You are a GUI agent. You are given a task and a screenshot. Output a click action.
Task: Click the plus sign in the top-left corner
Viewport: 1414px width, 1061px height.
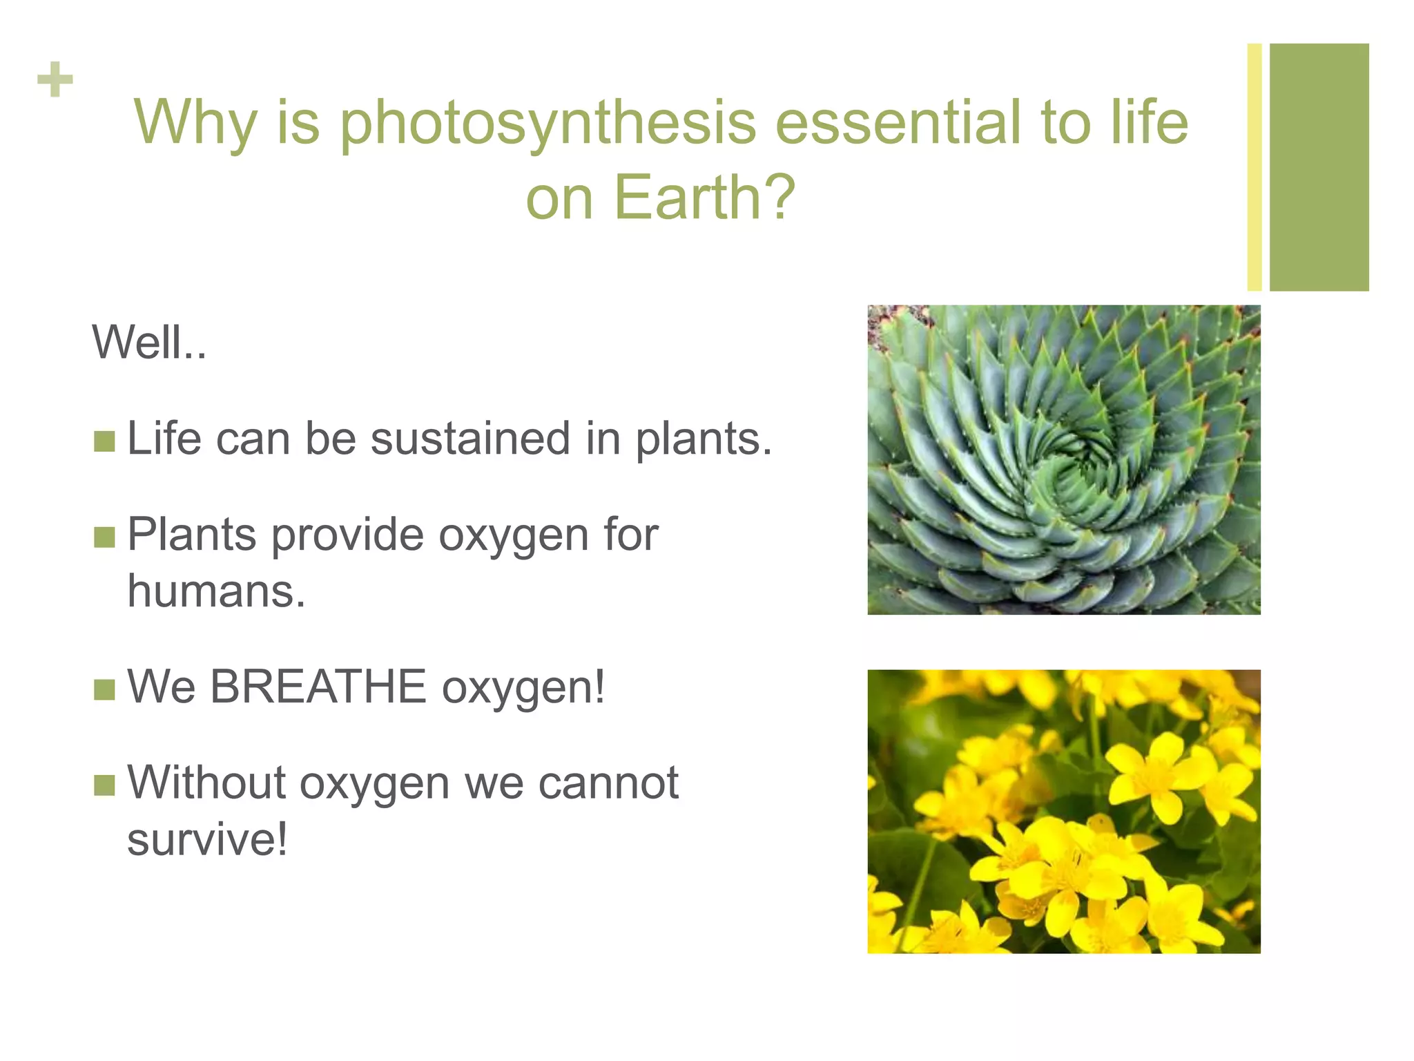pyautogui.click(x=55, y=80)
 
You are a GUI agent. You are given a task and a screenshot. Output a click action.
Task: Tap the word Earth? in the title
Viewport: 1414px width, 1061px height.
pyautogui.click(x=704, y=198)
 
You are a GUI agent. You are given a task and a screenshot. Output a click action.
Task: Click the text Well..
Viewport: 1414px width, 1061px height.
pyautogui.click(x=149, y=343)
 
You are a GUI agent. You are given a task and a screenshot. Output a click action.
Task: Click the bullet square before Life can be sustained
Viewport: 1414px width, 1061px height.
pyautogui.click(x=104, y=441)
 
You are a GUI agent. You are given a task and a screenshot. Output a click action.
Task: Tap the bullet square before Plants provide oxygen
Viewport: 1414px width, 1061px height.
pyautogui.click(x=104, y=537)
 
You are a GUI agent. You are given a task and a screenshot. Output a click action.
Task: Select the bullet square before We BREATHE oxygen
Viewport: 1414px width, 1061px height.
pyautogui.click(x=104, y=689)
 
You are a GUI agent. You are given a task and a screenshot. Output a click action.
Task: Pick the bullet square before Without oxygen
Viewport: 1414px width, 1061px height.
pyautogui.click(x=104, y=785)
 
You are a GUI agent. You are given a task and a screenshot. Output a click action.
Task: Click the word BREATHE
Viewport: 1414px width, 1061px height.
pyautogui.click(x=318, y=687)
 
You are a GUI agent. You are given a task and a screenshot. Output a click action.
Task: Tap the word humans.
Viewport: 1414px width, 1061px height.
pyautogui.click(x=216, y=591)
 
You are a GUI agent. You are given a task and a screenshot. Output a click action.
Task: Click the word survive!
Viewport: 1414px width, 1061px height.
pyautogui.click(x=207, y=840)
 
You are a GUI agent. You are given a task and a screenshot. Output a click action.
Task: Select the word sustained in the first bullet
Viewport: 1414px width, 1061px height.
pyautogui.click(x=470, y=439)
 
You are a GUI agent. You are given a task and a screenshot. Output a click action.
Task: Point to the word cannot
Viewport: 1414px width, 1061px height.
pyautogui.click(x=608, y=784)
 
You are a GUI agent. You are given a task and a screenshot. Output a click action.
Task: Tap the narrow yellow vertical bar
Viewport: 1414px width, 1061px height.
pyautogui.click(x=1255, y=167)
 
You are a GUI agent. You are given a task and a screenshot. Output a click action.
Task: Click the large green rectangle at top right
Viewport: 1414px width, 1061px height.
pyautogui.click(x=1319, y=167)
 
